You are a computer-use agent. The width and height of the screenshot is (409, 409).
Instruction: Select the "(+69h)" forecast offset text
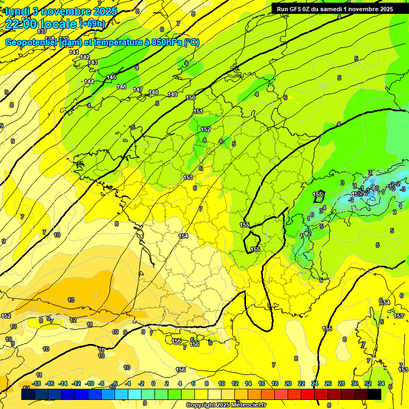[x=93, y=24]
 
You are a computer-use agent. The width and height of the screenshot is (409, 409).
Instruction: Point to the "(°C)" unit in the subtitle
[x=192, y=43]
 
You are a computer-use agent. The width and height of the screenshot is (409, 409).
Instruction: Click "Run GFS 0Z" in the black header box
[x=296, y=9]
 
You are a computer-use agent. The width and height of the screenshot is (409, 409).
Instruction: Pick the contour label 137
[x=43, y=31]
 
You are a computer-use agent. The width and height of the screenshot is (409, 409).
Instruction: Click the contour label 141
[x=74, y=52]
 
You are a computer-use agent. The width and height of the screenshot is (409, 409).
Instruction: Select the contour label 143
[x=93, y=62]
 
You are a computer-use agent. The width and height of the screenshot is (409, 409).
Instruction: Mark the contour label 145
[x=111, y=77]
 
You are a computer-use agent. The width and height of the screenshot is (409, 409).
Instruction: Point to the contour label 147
[x=138, y=89]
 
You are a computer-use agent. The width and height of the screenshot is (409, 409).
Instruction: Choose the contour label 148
[x=153, y=92]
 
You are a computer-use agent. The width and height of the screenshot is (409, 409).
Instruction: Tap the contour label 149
[x=173, y=94]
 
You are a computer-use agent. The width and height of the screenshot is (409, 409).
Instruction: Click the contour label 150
[x=191, y=97]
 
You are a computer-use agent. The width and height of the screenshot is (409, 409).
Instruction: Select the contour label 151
[x=198, y=111]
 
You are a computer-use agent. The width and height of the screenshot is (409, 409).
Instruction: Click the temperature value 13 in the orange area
[x=71, y=300]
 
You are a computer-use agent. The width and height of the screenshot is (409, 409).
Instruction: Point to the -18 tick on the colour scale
[x=36, y=383]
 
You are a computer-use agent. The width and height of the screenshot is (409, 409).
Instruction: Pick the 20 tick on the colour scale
[x=288, y=383]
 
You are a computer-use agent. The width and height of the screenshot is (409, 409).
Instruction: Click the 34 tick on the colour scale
[x=381, y=383]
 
